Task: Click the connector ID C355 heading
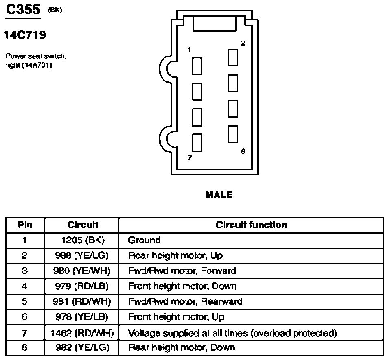23,10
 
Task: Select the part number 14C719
25,35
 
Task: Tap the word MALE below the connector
219,195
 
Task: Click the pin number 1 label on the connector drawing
189,50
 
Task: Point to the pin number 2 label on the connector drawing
243,43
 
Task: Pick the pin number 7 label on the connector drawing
190,158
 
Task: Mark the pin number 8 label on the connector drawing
243,151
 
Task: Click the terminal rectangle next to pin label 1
197,66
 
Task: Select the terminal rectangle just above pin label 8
233,134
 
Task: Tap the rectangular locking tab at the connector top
214,24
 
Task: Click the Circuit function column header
252,225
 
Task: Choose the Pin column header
25,225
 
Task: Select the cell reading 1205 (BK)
83,240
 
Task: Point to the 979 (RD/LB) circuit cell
82,286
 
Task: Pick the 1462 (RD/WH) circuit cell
82,333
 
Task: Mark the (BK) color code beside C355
55,10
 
